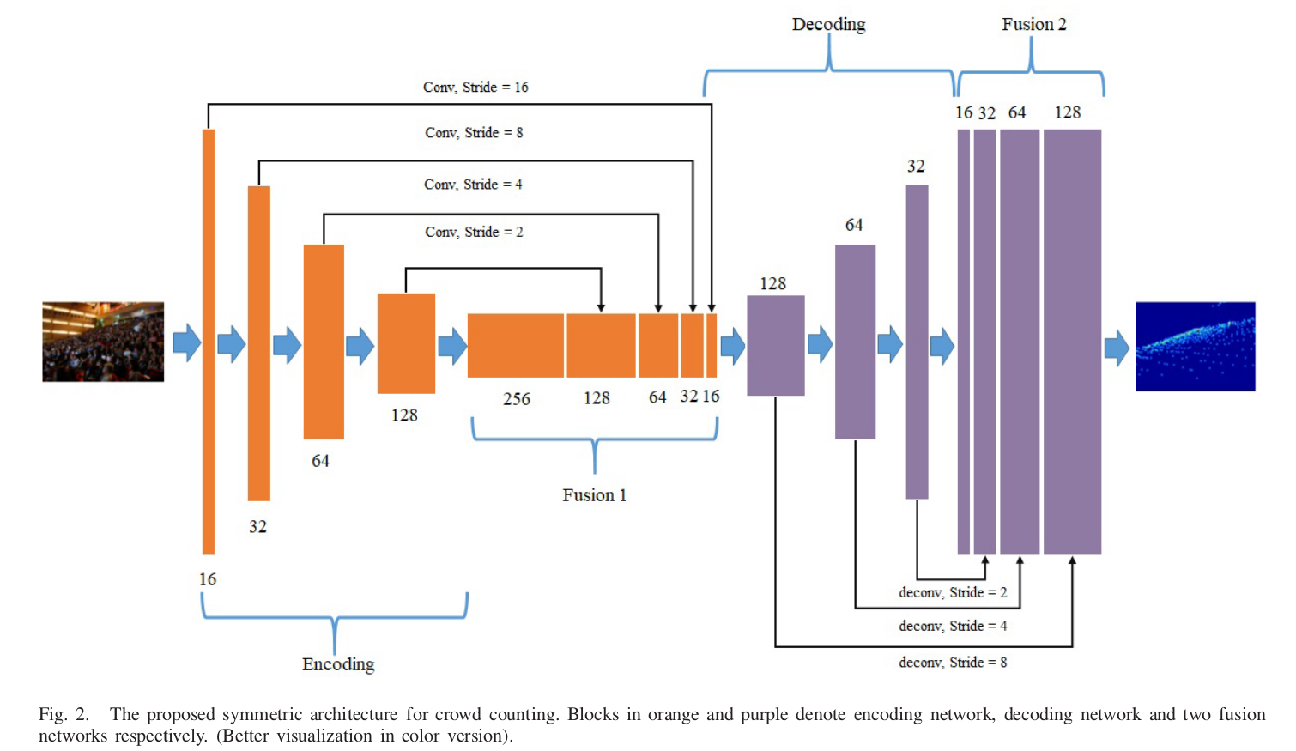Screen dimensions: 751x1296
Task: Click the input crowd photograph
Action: (x=103, y=342)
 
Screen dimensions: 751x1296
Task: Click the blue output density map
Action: (x=1195, y=346)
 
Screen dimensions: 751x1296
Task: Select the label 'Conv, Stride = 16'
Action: (x=475, y=88)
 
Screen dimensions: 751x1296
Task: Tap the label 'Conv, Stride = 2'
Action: (x=474, y=232)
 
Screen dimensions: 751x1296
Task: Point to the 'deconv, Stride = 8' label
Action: (x=953, y=663)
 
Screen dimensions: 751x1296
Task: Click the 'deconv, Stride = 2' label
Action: (x=953, y=592)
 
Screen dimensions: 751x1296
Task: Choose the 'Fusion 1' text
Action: (x=594, y=495)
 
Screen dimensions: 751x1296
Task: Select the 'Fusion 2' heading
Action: (x=1033, y=24)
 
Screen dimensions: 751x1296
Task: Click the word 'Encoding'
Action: (x=338, y=664)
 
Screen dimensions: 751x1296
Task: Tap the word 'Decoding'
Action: (x=828, y=24)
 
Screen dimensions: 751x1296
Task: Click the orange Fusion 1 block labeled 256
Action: (x=515, y=345)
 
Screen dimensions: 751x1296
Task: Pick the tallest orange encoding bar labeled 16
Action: (x=208, y=342)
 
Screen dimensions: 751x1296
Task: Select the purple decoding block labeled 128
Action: (x=775, y=345)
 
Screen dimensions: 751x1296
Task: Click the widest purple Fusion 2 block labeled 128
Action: (x=1072, y=342)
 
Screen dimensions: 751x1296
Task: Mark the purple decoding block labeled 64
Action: (x=855, y=342)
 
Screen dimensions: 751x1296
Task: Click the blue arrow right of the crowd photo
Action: (x=186, y=342)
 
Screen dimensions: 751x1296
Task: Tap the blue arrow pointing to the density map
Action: (x=1117, y=348)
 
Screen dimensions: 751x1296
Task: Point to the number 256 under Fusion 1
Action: (x=517, y=399)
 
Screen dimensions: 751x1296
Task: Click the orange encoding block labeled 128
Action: (x=406, y=343)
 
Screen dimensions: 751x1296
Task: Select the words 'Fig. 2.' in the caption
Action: (x=64, y=714)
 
